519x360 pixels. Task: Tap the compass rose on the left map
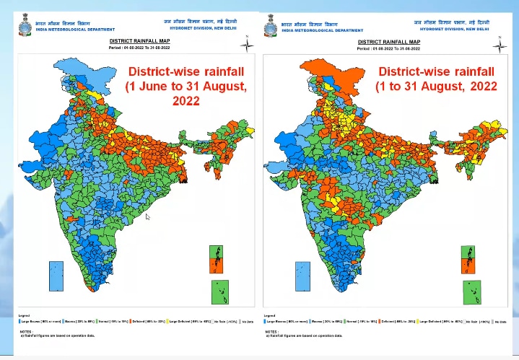(x=247, y=44)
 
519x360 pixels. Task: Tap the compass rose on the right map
(x=497, y=45)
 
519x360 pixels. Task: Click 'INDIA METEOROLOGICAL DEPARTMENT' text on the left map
(x=77, y=30)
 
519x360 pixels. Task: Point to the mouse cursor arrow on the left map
(x=148, y=216)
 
